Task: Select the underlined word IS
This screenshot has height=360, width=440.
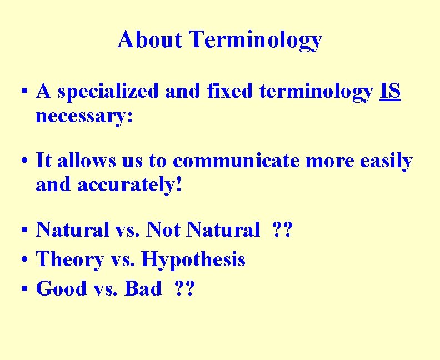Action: [x=391, y=92]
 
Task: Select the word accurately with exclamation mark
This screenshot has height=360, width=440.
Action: [x=129, y=186]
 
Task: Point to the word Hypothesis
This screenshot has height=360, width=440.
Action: [x=193, y=259]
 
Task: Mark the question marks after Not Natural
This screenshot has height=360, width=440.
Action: [x=282, y=229]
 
